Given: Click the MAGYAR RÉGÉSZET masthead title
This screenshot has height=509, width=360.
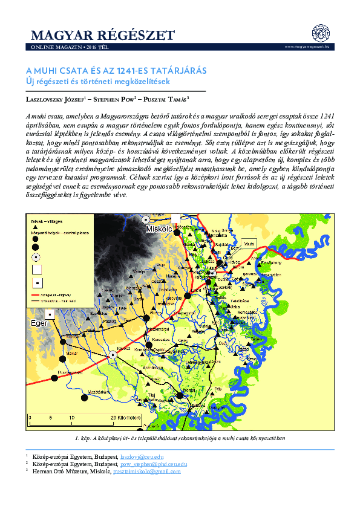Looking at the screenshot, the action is [102, 34].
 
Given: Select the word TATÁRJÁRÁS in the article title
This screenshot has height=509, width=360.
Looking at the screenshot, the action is [177, 71].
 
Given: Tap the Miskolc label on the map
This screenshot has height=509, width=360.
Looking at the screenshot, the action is [159, 230].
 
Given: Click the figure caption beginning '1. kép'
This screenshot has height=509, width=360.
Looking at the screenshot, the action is [180, 437].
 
